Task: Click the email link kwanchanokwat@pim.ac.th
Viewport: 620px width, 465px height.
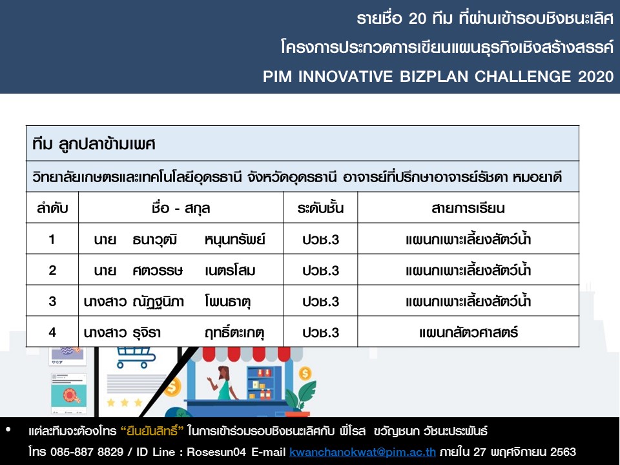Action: [362, 451]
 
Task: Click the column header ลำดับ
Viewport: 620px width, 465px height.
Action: [52, 208]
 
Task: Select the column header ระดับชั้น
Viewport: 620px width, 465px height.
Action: [321, 208]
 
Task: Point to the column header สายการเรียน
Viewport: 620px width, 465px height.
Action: [468, 208]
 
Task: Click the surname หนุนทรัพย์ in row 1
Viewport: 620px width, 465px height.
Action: [235, 240]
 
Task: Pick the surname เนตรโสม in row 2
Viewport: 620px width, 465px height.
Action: [230, 271]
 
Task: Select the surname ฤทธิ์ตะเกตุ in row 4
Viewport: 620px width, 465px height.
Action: [234, 333]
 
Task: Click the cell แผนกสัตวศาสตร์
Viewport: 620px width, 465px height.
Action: [469, 333]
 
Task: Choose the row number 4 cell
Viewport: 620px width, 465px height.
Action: [52, 332]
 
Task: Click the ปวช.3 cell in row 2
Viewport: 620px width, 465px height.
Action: [321, 271]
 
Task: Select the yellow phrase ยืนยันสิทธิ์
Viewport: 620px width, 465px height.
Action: [152, 430]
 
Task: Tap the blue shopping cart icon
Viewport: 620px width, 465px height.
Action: [136, 356]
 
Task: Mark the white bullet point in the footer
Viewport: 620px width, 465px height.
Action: [8, 429]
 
